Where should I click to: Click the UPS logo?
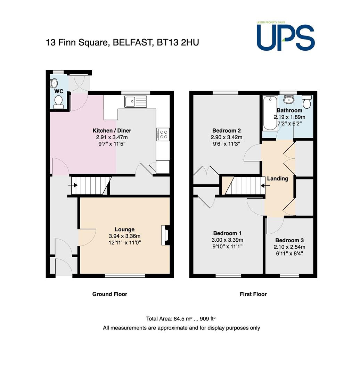pos(285,36)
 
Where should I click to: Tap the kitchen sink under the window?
pos(136,102)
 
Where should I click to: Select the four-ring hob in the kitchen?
pos(163,134)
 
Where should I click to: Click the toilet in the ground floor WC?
pos(58,102)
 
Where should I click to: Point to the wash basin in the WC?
pos(54,83)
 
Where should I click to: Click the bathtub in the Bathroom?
pos(270,113)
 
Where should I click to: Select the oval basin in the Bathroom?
pos(289,99)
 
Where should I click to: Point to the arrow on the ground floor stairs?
pos(73,185)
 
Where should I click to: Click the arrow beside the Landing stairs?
pos(265,185)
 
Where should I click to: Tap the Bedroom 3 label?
pos(289,240)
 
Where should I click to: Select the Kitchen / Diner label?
pos(112,131)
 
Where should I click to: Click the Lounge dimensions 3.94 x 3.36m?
pos(124,236)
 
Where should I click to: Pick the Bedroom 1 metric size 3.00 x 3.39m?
pos(227,240)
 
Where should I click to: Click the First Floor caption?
pos(253,294)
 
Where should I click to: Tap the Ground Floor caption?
pos(109,294)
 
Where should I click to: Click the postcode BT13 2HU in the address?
pos(178,42)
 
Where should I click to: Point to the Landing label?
pos(278,179)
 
